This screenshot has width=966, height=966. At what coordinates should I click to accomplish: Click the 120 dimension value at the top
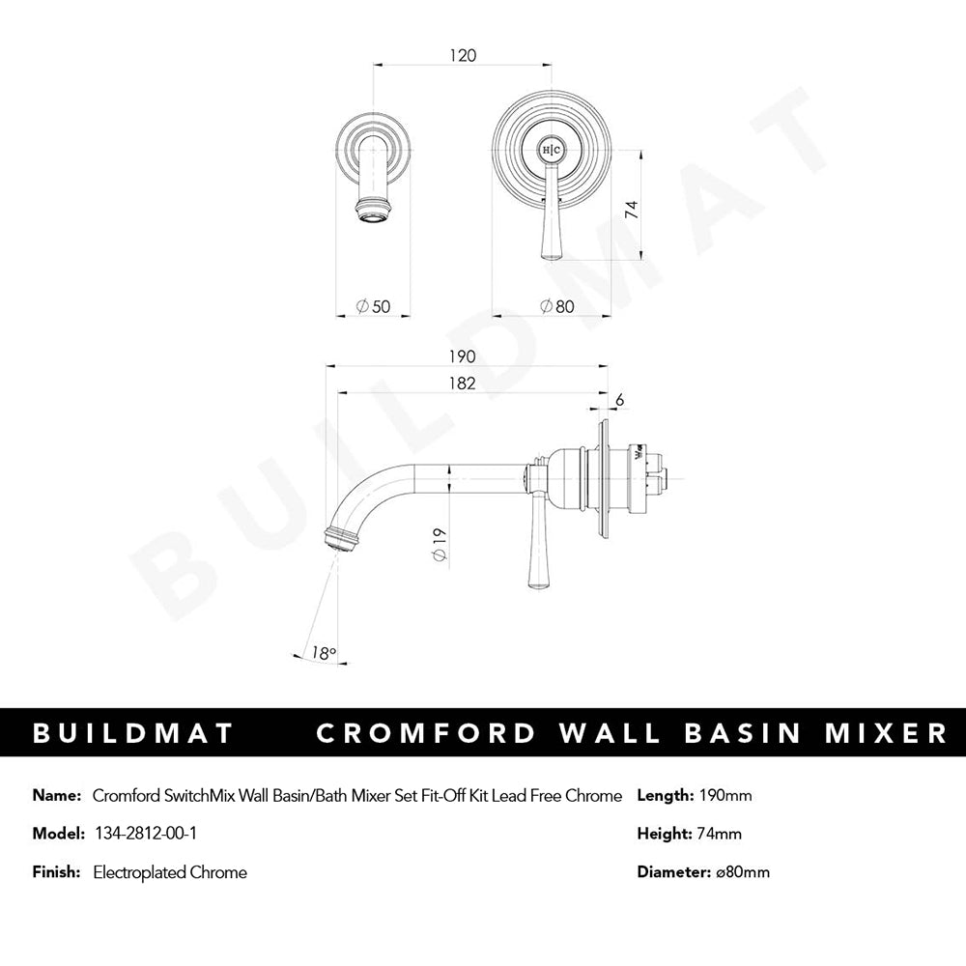point(463,55)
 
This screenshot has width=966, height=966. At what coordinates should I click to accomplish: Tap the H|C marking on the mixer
point(552,150)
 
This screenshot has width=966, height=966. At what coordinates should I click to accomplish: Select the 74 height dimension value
point(632,210)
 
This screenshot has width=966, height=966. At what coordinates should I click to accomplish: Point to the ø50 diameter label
point(373,306)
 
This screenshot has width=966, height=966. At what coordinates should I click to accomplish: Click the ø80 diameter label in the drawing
point(557,306)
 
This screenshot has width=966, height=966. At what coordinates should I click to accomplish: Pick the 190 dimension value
point(462,356)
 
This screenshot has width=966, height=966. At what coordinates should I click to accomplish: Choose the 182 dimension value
point(462,384)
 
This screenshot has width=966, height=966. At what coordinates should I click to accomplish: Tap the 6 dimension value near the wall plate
point(620,400)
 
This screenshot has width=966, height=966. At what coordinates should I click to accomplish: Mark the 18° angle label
point(324,653)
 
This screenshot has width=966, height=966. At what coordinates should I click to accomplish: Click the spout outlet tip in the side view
point(331,542)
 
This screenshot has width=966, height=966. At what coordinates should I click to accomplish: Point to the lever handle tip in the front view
point(549,258)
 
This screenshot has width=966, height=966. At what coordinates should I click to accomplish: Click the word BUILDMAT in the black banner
point(133,733)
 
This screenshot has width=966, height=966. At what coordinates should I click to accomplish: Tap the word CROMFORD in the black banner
point(426,733)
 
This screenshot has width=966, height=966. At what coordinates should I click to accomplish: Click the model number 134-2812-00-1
point(146,834)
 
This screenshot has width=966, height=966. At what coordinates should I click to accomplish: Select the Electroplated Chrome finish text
point(170,872)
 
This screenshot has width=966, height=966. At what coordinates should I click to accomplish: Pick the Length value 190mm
point(725,795)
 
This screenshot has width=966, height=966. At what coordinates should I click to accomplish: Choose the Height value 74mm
point(720,834)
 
